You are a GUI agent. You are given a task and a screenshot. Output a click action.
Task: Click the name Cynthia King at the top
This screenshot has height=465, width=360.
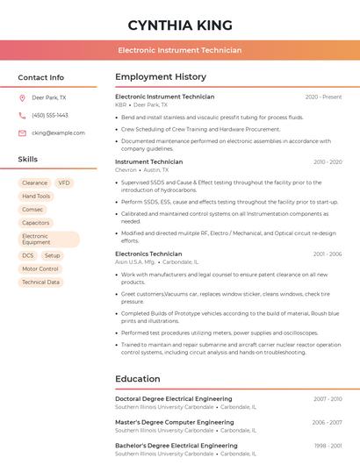[x=179, y=25]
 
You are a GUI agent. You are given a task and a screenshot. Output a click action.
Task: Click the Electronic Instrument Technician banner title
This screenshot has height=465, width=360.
[x=179, y=50]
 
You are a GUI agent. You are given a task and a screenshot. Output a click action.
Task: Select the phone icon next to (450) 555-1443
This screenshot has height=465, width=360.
[x=22, y=115]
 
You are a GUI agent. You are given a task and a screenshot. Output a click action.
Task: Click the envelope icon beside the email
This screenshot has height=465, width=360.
[x=22, y=132]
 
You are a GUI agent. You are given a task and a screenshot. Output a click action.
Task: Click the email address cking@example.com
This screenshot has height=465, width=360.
[x=58, y=132]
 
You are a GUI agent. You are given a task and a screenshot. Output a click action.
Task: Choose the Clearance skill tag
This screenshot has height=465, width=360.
[x=34, y=182]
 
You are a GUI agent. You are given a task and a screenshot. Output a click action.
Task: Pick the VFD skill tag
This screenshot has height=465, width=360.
[x=64, y=182]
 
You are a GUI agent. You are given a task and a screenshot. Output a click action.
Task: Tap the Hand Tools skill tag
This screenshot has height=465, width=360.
[x=36, y=197]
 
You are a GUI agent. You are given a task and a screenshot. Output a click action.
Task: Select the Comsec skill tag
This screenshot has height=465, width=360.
[x=32, y=210]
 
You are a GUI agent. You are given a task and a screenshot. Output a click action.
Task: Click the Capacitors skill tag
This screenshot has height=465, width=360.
[x=36, y=223]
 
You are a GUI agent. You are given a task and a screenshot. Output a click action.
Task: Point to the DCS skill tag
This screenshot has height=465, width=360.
[x=28, y=255]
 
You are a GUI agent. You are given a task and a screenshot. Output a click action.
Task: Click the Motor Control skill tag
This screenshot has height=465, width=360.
[x=40, y=268]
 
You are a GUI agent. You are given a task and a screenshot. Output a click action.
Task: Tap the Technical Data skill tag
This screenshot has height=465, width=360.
[x=40, y=282]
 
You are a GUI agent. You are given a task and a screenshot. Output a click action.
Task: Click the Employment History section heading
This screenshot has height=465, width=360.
[x=161, y=77]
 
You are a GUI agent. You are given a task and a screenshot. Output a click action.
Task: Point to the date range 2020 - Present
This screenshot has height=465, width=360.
[x=323, y=97]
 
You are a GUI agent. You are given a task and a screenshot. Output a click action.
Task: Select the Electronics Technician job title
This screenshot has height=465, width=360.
[x=148, y=254]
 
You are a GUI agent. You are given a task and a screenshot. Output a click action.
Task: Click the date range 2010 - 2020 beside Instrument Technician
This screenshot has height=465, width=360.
[x=327, y=162]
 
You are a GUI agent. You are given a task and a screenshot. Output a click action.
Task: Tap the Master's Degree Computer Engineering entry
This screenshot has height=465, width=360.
[x=174, y=422]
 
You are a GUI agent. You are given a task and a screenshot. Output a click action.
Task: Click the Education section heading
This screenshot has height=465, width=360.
[x=138, y=379]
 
